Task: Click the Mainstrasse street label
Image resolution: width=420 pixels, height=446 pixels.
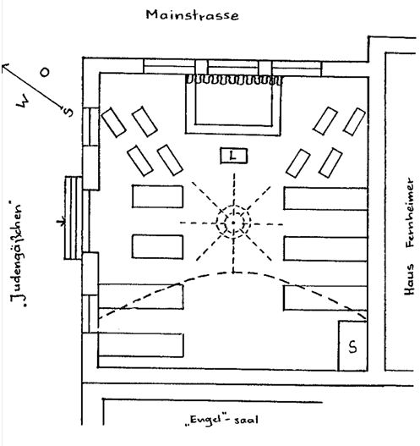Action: pyautogui.click(x=192, y=15)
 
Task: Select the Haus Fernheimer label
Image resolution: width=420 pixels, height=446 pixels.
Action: pyautogui.click(x=409, y=236)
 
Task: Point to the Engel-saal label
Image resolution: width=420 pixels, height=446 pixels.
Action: pyautogui.click(x=221, y=420)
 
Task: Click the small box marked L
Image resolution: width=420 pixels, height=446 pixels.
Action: pyautogui.click(x=234, y=156)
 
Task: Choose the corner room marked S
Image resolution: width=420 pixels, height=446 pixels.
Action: pyautogui.click(x=352, y=346)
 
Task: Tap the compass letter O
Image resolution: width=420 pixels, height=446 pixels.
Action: pyautogui.click(x=45, y=72)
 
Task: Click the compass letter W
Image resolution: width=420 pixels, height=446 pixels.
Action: pyautogui.click(x=22, y=102)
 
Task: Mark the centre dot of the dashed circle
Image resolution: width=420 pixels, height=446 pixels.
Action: pyautogui.click(x=233, y=223)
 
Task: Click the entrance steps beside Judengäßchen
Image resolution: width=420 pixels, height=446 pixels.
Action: pyautogui.click(x=74, y=217)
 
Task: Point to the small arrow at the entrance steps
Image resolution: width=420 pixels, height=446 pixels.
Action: pyautogui.click(x=61, y=221)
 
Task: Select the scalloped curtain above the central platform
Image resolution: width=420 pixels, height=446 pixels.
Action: pyautogui.click(x=234, y=80)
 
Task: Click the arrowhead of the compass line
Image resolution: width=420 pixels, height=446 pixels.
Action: pyautogui.click(x=5, y=67)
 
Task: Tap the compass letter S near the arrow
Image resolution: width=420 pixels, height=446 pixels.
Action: pyautogui.click(x=68, y=112)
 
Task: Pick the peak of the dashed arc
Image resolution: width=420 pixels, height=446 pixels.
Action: pyautogui.click(x=233, y=273)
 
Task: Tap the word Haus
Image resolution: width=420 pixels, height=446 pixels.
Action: pyautogui.click(x=409, y=280)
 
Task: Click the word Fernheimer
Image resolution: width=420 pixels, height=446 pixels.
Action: pyautogui.click(x=409, y=212)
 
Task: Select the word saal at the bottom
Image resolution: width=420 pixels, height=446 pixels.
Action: pyautogui.click(x=246, y=420)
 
